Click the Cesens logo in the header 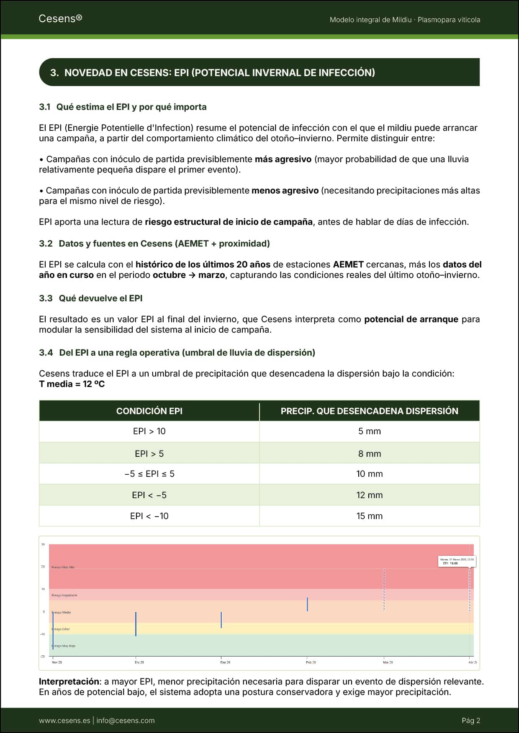coord(60,18)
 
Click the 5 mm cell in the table coord(369,431)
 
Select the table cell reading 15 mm coord(369,516)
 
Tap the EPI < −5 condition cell coord(149,495)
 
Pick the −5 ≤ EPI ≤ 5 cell coord(149,474)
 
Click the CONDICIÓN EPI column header coord(149,411)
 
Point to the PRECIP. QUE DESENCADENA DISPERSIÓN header coord(369,411)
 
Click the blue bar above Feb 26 coord(307,604)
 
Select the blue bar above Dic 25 coord(136,624)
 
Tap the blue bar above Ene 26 coord(221,620)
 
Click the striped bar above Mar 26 coord(384,590)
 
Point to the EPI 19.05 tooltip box coord(456,561)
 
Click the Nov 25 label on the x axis coord(57,662)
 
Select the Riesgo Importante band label coord(64,595)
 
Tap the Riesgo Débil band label coord(61,629)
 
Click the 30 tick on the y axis coord(43,545)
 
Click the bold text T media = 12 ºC coord(72,384)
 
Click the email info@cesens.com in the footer coord(125,720)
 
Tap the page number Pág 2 coord(471,720)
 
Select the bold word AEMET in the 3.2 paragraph coord(348,265)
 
